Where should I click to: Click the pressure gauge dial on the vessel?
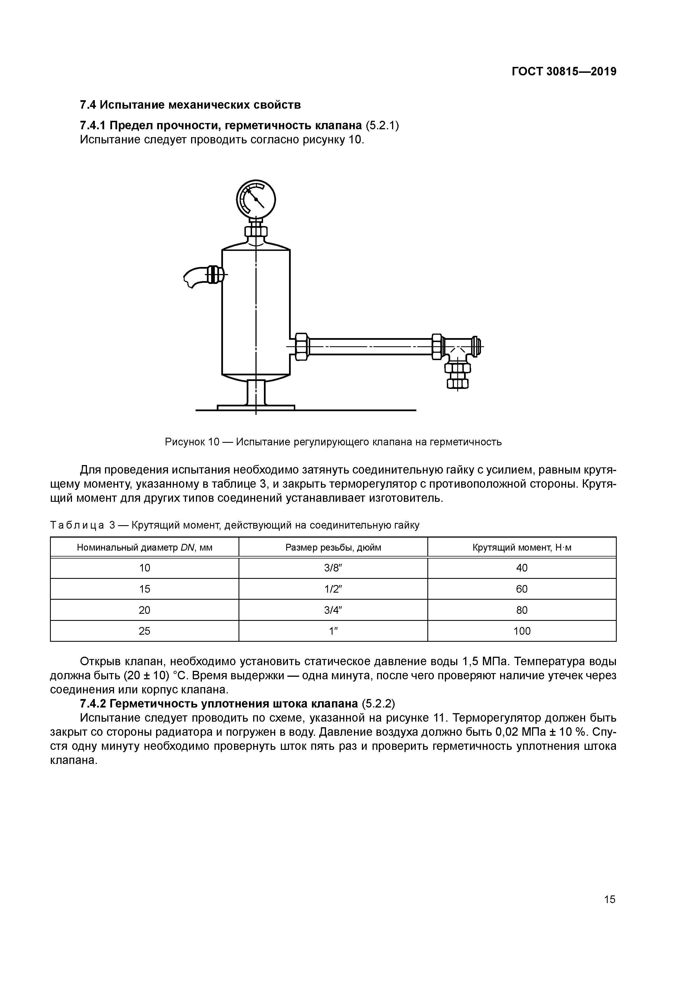click(256, 200)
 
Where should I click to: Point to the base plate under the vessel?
click(256, 407)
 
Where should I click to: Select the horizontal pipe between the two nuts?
click(371, 346)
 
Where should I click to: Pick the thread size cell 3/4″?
click(333, 610)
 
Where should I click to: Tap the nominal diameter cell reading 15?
click(145, 589)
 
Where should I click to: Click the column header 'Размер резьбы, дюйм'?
click(333, 547)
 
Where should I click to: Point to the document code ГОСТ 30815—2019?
click(564, 72)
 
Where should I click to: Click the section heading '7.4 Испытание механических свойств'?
click(190, 105)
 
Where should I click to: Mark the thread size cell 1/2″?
click(333, 589)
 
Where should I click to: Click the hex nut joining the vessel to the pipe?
click(301, 346)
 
